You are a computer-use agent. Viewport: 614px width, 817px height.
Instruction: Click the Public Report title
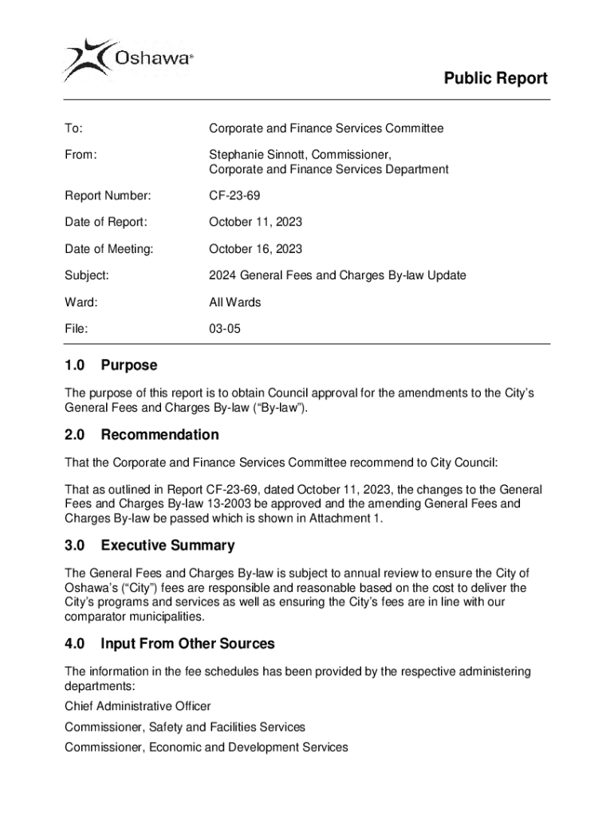[495, 78]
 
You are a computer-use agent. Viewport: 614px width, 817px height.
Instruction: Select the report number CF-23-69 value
[234, 195]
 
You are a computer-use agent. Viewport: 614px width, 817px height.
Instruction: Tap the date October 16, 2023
[255, 249]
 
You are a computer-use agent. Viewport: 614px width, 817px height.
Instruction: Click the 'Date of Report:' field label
[105, 222]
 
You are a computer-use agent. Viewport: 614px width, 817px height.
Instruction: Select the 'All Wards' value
[234, 302]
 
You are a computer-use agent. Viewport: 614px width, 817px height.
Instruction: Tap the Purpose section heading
[129, 365]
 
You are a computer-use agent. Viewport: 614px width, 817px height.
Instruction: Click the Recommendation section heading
[159, 435]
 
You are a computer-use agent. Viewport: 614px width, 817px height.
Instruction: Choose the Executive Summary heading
[167, 546]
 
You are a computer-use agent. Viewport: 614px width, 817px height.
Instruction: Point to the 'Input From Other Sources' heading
[187, 643]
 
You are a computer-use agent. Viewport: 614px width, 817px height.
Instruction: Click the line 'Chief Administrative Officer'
[137, 706]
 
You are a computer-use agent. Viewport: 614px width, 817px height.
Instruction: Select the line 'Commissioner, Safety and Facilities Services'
[184, 727]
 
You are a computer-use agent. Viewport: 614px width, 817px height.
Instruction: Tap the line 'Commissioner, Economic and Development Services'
[206, 748]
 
